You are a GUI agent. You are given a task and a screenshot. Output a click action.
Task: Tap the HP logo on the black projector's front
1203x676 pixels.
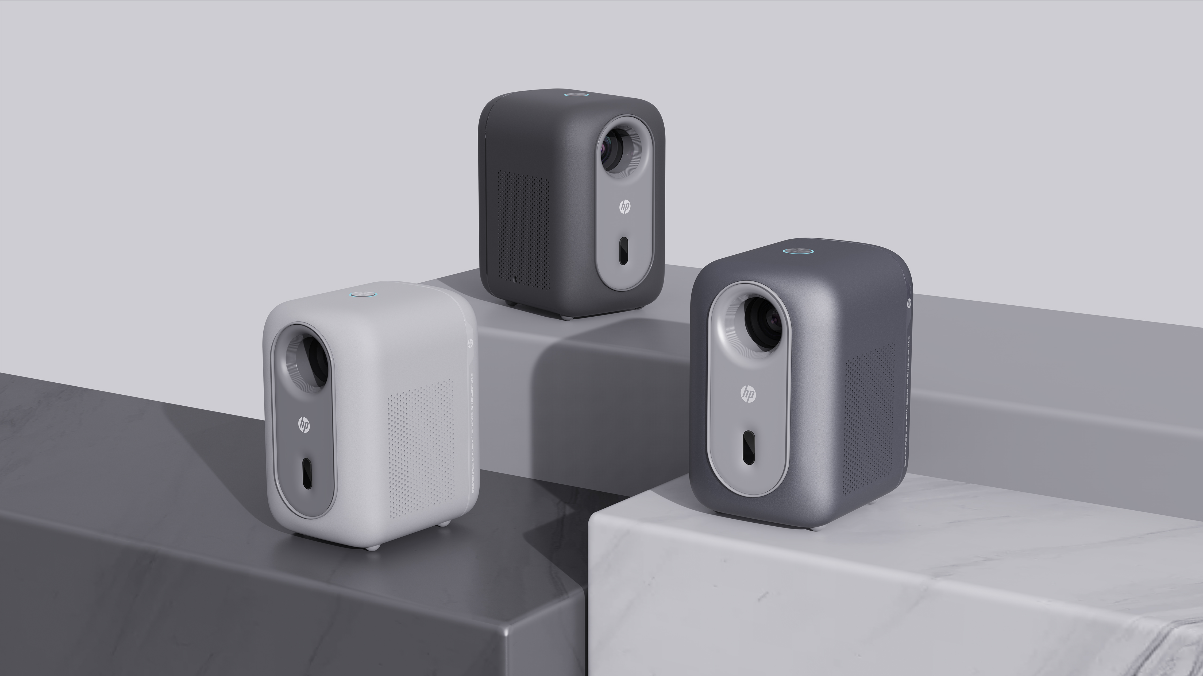click(624, 207)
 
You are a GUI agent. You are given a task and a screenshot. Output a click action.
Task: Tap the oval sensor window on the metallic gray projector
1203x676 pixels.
click(749, 447)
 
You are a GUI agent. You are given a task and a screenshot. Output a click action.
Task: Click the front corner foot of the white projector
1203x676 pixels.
click(371, 547)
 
